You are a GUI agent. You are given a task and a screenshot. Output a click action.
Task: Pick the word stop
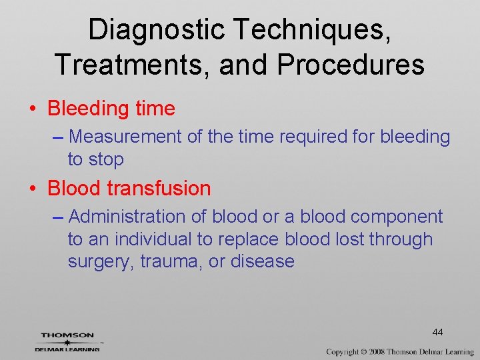click(x=109, y=159)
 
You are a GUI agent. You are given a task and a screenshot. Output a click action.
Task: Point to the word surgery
click(x=101, y=261)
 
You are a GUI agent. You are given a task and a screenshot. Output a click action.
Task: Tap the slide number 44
click(x=437, y=332)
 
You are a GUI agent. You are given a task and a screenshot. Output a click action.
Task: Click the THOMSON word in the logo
click(x=67, y=335)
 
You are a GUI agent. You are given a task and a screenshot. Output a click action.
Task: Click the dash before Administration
click(x=57, y=217)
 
